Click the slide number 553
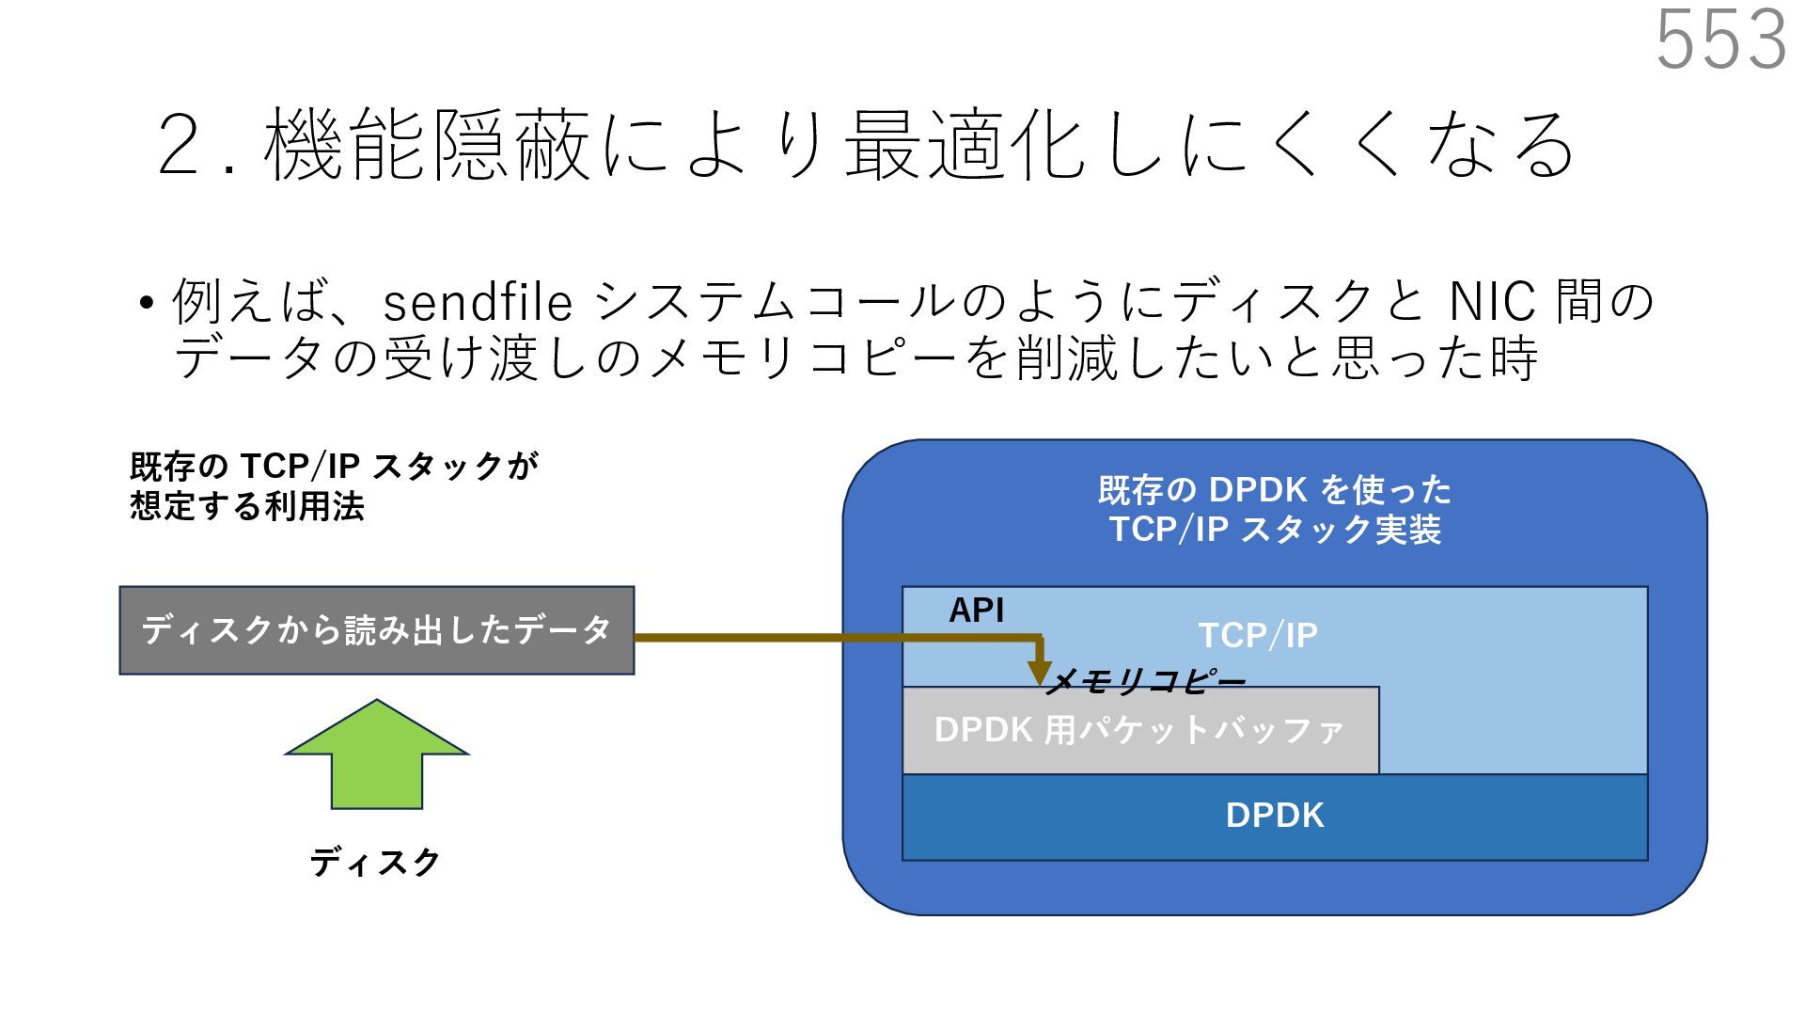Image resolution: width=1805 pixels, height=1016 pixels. pyautogui.click(x=1719, y=40)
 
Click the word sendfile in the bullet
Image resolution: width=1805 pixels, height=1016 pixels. pyautogui.click(x=478, y=303)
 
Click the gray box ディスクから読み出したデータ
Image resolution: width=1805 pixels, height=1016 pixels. pyautogui.click(x=376, y=629)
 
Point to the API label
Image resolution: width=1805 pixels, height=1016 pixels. pyautogui.click(x=976, y=611)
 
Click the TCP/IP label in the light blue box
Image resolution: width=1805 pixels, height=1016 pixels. pyautogui.click(x=1258, y=636)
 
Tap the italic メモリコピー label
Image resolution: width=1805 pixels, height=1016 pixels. pyautogui.click(x=1145, y=682)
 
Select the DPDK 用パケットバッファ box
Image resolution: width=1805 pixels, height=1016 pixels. pyautogui.click(x=1139, y=730)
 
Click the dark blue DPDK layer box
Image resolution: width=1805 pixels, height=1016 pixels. pyautogui.click(x=1275, y=816)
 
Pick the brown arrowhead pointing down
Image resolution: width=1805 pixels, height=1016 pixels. pyautogui.click(x=1039, y=671)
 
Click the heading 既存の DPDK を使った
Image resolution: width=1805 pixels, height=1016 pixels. pyautogui.click(x=1275, y=489)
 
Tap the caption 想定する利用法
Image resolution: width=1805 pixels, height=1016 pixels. pyautogui.click(x=247, y=508)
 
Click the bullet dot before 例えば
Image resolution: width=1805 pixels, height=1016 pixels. pyautogui.click(x=145, y=304)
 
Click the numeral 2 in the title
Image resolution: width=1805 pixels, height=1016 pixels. pyautogui.click(x=182, y=146)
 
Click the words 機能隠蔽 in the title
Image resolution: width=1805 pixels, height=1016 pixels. pyautogui.click(x=428, y=146)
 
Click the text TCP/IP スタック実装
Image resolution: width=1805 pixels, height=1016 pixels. pyautogui.click(x=1275, y=530)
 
